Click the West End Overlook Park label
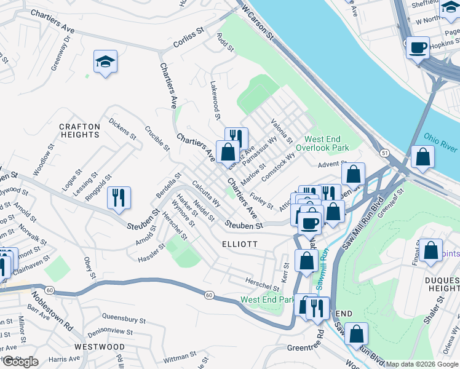pos(322,143)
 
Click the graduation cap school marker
pos(105,61)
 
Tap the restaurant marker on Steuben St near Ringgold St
pos(119,197)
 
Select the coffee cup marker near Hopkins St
pos(418,47)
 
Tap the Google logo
pos(20,362)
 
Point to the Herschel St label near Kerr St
pos(263,285)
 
